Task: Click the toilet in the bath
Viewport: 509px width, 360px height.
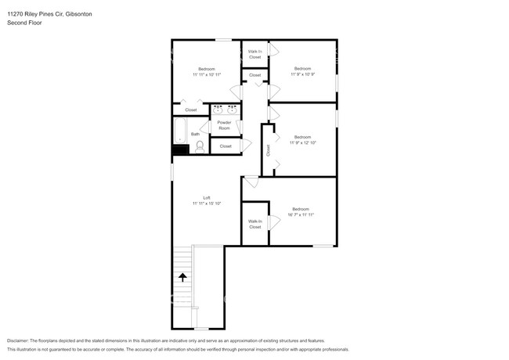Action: click(x=198, y=145)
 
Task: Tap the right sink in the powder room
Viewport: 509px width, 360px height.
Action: click(x=233, y=110)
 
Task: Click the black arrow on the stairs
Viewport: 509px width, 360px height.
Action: click(x=182, y=276)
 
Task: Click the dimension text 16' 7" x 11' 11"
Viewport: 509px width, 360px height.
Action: click(x=301, y=214)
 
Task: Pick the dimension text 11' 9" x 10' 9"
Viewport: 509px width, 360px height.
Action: click(x=303, y=74)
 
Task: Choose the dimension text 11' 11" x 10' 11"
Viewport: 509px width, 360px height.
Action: click(x=207, y=74)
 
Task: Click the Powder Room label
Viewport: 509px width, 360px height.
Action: click(x=224, y=126)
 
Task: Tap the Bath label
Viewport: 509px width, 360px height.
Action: click(x=195, y=134)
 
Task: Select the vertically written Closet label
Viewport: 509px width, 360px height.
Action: click(x=268, y=149)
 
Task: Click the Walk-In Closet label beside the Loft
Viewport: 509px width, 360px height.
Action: click(x=254, y=225)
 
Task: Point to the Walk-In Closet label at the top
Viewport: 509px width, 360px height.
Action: click(x=254, y=55)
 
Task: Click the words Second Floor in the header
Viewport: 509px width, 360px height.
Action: click(x=23, y=23)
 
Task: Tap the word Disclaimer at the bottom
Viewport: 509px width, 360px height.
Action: click(x=22, y=340)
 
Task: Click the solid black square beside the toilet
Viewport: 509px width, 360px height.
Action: click(x=181, y=149)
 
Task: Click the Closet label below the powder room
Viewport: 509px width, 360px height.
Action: click(x=226, y=146)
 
